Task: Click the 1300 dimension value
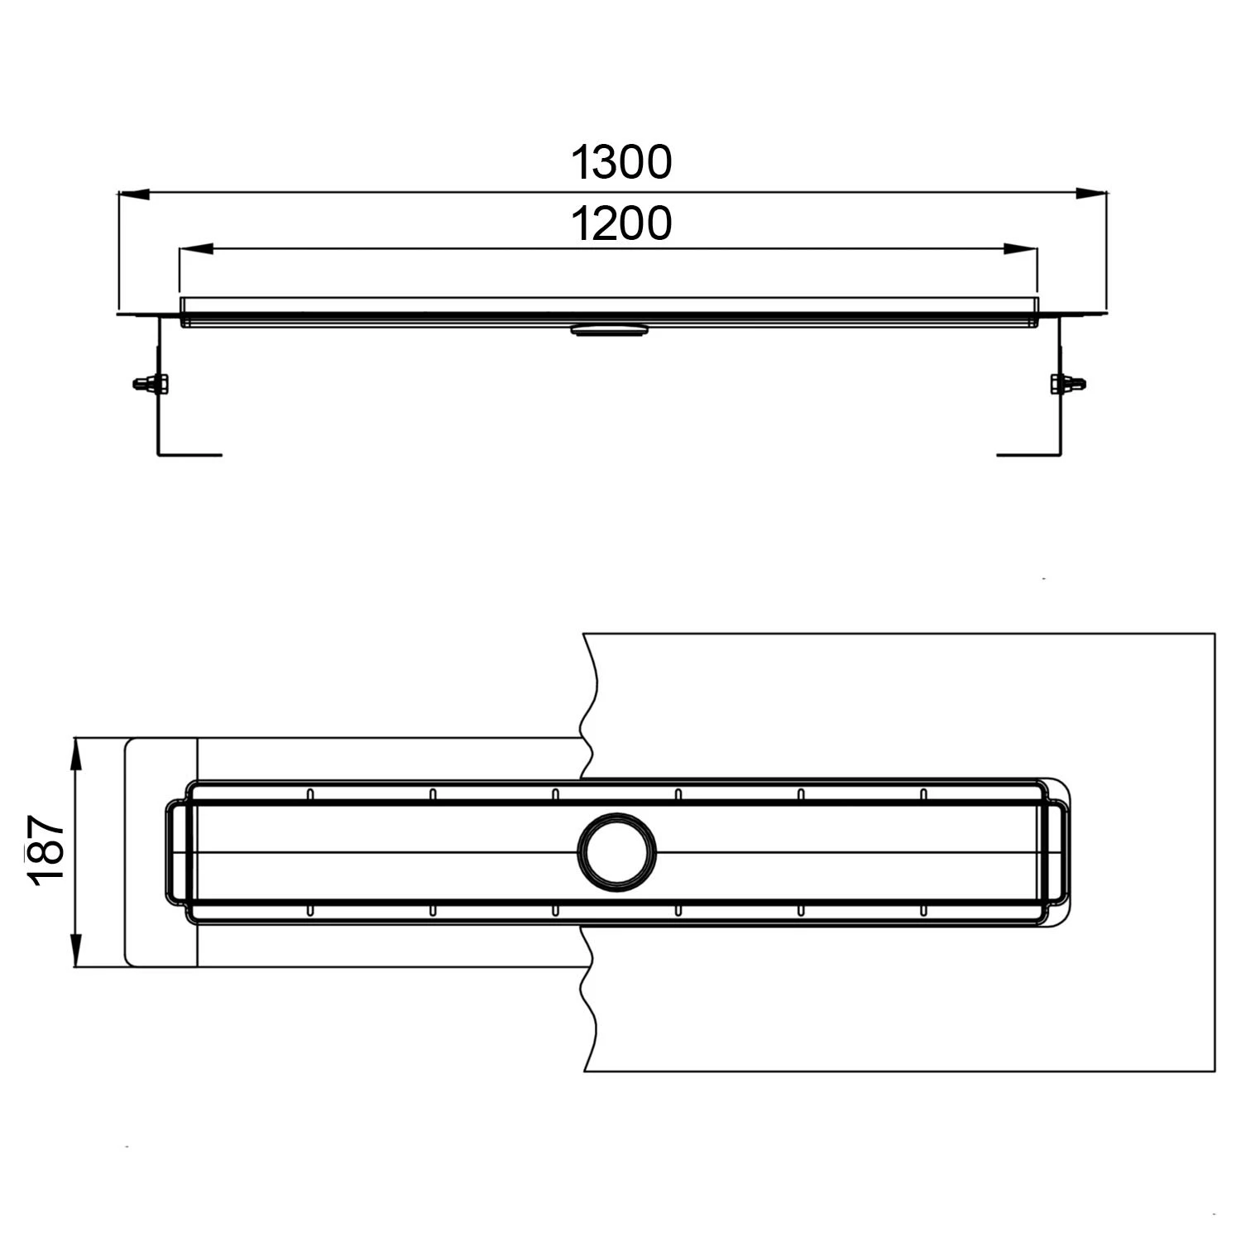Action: pyautogui.click(x=621, y=162)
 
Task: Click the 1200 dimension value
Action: pyautogui.click(x=621, y=223)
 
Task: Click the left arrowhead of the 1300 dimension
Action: pyautogui.click(x=133, y=194)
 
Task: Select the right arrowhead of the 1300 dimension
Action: pyautogui.click(x=1092, y=194)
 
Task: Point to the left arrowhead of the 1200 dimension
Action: pyautogui.click(x=196, y=248)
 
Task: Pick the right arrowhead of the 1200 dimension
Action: pyautogui.click(x=1020, y=248)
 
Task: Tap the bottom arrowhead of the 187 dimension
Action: pyautogui.click(x=75, y=950)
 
